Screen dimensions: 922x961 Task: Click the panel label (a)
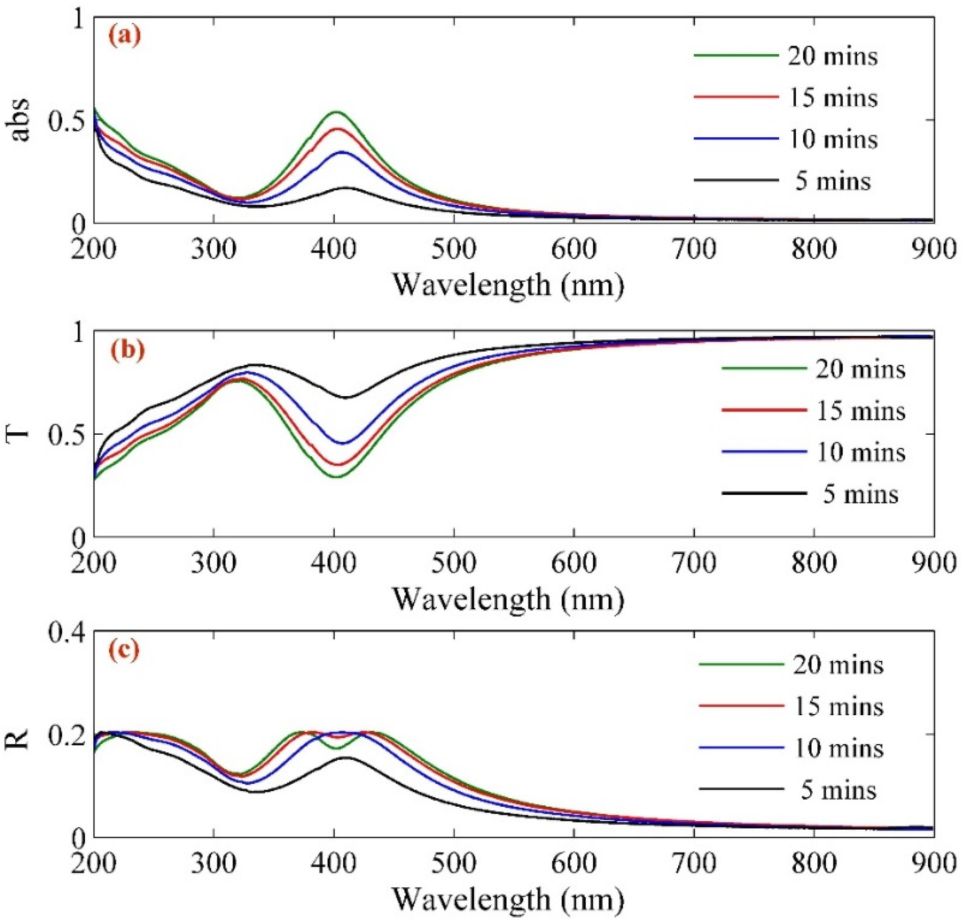(x=125, y=37)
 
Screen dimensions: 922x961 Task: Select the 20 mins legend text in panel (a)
(x=833, y=56)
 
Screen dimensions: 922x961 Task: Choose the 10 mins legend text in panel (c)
(x=838, y=748)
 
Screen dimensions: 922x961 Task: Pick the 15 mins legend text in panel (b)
(x=860, y=411)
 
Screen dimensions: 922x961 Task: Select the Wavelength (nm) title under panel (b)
(x=508, y=598)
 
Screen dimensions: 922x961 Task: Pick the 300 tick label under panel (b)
(x=214, y=563)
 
